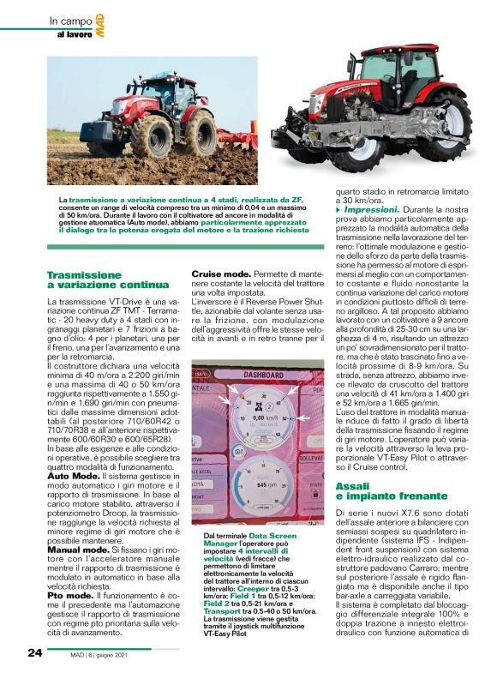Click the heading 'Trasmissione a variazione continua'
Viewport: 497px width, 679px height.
click(107, 279)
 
